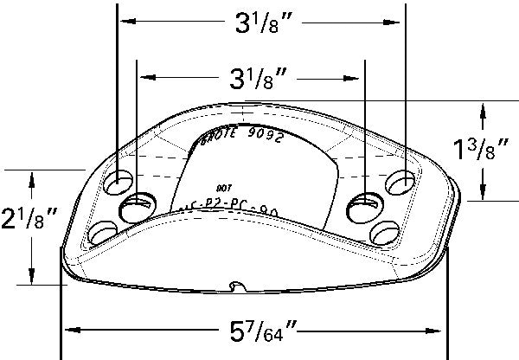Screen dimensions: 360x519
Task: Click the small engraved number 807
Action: coord(222,186)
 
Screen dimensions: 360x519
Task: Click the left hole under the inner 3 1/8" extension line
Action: coord(137,206)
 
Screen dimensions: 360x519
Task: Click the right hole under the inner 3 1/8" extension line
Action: coord(364,206)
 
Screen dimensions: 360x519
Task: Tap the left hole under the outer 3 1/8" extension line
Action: coord(117,183)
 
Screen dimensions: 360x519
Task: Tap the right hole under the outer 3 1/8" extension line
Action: coord(402,183)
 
